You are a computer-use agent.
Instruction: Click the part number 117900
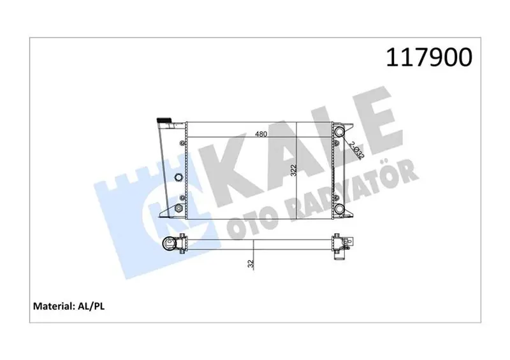(x=429, y=57)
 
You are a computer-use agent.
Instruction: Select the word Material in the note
(x=53, y=306)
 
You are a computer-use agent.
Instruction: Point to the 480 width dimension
(x=261, y=134)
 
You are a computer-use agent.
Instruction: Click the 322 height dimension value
(x=294, y=170)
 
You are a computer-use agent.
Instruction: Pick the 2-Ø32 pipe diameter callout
(x=357, y=150)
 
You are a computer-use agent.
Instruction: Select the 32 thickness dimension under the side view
(x=251, y=264)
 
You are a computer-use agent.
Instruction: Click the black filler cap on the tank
(x=164, y=120)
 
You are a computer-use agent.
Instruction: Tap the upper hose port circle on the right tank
(x=340, y=131)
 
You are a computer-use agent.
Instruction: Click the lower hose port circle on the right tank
(x=340, y=209)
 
